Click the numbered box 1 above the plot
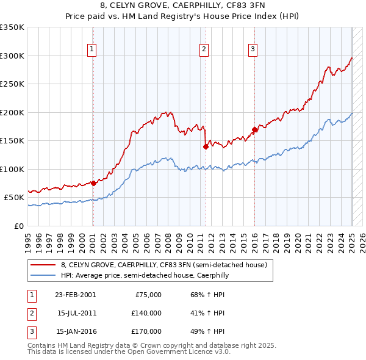91,49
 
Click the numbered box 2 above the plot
204,49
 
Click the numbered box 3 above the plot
253,49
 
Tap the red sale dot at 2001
93,183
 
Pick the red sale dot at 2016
255,129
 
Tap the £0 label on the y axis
18,226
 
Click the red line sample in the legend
43,265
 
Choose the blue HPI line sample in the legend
43,276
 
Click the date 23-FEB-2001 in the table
74,295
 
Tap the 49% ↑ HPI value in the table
207,331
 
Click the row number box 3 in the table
31,331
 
